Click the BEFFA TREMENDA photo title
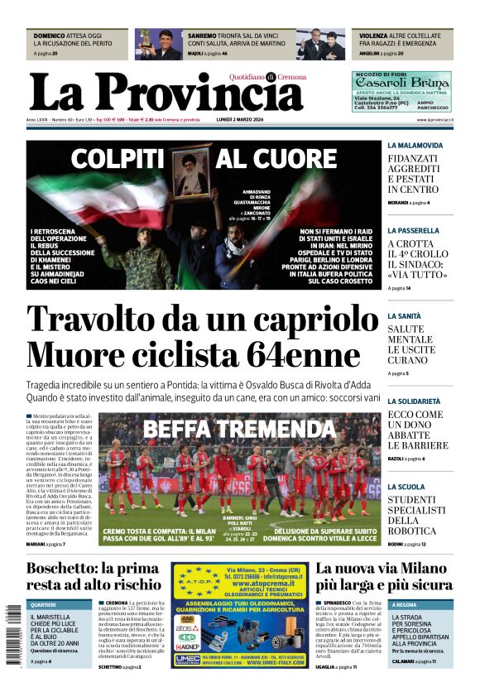coord(238,428)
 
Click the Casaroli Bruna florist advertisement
coord(401,91)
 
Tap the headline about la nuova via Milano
coord(383,578)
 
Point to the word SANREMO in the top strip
coord(202,36)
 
